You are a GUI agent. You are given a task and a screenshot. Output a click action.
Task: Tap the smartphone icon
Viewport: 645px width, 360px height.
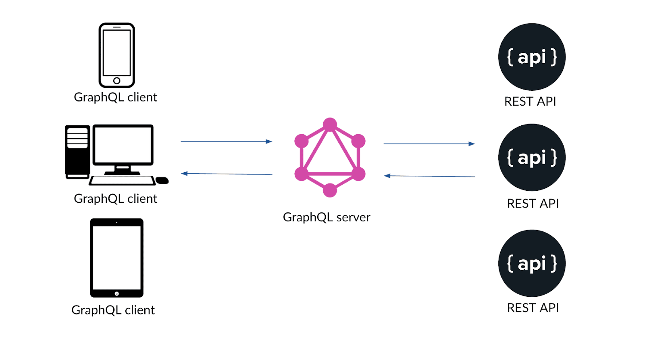(117, 55)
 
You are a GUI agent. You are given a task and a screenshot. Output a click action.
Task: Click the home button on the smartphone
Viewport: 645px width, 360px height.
(117, 81)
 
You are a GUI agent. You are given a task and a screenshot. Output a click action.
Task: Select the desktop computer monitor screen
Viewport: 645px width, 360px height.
(123, 145)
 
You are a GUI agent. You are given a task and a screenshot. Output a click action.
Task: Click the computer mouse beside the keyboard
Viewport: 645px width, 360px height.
(162, 181)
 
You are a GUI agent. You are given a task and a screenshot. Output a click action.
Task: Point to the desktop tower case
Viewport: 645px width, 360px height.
(77, 152)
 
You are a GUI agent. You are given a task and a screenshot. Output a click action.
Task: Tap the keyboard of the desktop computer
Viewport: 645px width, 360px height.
(122, 181)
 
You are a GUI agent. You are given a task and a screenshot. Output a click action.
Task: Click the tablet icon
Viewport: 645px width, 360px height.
(117, 258)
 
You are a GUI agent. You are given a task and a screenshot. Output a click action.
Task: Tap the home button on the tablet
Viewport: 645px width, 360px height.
(117, 294)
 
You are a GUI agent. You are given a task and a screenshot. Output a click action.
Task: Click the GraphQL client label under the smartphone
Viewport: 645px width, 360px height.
(115, 97)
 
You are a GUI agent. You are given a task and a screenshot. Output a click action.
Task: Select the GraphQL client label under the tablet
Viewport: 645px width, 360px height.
(113, 310)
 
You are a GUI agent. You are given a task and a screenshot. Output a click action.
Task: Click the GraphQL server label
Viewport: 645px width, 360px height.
(327, 217)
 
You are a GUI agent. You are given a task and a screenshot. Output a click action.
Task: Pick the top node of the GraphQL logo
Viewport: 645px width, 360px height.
(330, 125)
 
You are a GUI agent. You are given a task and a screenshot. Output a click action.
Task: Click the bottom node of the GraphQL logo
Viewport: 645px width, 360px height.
(330, 190)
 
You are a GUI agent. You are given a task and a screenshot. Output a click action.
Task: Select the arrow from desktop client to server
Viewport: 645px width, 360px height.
(226, 142)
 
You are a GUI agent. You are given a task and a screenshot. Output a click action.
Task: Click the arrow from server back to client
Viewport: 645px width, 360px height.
(226, 174)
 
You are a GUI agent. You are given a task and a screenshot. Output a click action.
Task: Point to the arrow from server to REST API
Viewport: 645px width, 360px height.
(429, 144)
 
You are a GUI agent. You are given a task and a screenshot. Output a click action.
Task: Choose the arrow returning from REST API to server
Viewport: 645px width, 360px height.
(429, 176)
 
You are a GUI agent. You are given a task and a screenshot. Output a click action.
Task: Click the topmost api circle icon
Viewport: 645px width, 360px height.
(532, 57)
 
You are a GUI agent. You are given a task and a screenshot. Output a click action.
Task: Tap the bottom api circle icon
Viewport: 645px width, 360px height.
(532, 263)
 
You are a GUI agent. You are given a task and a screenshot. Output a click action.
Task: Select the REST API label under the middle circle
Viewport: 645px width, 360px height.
(533, 204)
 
